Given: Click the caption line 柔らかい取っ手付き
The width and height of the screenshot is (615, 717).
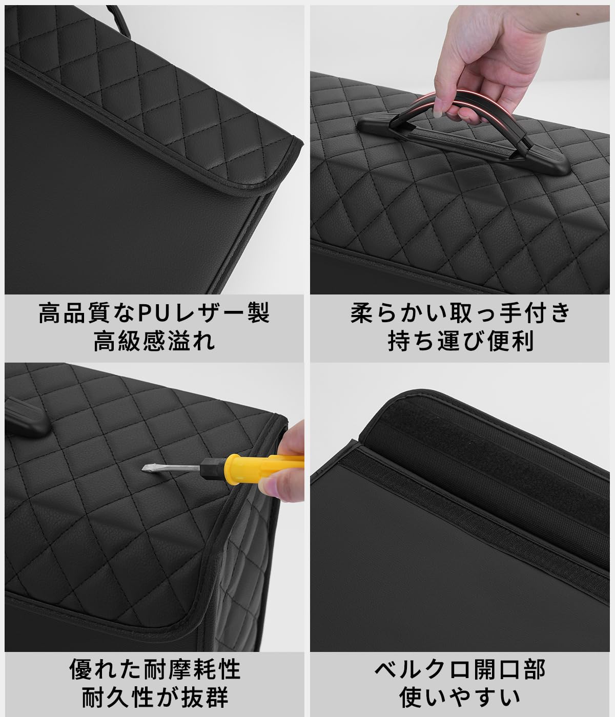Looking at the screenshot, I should click(460, 313).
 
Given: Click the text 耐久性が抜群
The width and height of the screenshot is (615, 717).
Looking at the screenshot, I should click(154, 697).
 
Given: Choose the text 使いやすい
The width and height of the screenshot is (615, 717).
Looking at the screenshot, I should click(460, 697).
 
